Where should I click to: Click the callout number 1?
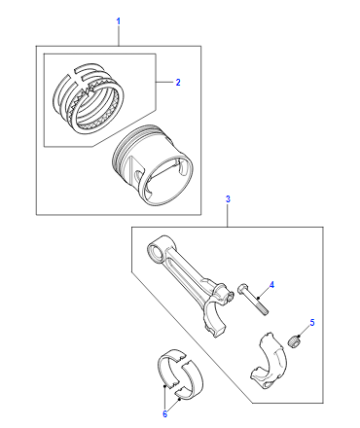[x=118, y=21]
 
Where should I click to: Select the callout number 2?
[x=178, y=82]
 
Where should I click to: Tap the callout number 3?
[x=228, y=199]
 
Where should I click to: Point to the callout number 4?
[x=272, y=285]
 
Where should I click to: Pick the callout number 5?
[x=312, y=322]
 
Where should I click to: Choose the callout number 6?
[x=165, y=414]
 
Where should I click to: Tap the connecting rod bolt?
[x=253, y=299]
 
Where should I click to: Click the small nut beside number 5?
[x=293, y=342]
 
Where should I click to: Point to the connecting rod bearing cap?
[x=269, y=361]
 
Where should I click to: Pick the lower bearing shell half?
[x=194, y=381]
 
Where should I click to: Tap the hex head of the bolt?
[x=242, y=288]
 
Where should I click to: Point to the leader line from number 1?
[x=118, y=36]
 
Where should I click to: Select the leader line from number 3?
[x=228, y=216]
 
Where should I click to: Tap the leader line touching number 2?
[x=165, y=82]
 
